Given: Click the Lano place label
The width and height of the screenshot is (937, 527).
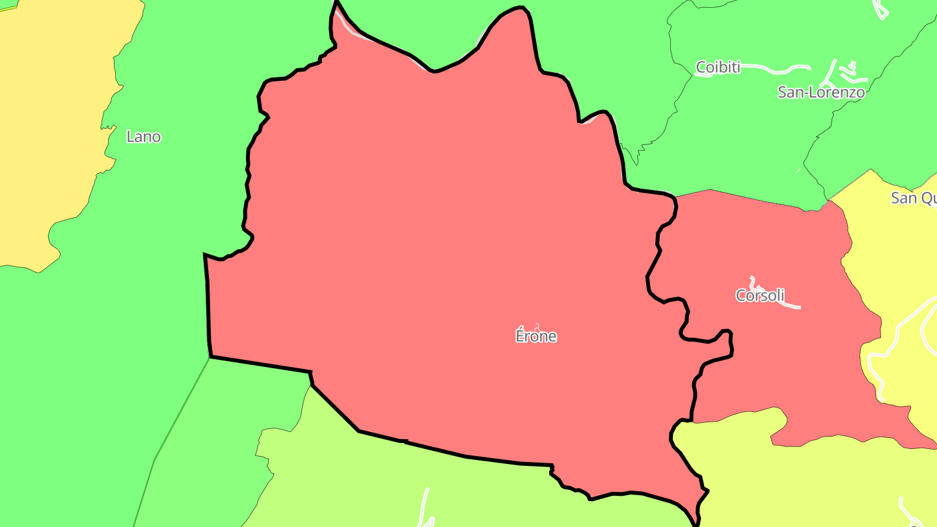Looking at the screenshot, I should (143, 137).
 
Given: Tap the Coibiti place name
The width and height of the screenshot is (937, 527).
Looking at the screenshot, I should (718, 67).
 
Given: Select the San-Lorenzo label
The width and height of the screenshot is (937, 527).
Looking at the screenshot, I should (821, 92).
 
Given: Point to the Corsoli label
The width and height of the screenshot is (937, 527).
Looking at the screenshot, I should (759, 295).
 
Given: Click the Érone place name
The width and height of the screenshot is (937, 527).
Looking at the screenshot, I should (536, 336).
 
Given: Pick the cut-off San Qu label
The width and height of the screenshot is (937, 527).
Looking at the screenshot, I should (914, 198).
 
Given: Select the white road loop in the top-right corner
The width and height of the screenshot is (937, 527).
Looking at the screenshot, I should (880, 10).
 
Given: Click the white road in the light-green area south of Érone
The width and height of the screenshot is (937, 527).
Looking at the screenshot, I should (426, 507).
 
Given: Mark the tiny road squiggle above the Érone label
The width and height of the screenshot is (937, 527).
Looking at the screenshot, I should (537, 326).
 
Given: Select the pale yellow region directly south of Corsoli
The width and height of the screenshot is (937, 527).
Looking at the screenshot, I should (813, 481).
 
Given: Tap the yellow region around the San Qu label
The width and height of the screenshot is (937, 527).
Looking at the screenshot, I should (898, 260).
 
